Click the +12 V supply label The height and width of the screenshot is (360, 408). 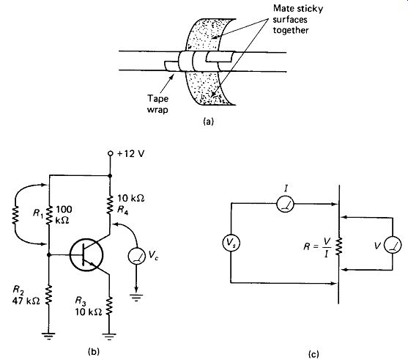[130, 154]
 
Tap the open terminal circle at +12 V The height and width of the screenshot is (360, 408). [111, 153]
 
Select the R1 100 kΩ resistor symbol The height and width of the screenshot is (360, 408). [49, 215]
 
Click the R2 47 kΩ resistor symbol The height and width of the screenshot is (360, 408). [48, 295]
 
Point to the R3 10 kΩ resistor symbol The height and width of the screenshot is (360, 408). [109, 306]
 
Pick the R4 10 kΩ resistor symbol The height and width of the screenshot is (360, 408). [110, 205]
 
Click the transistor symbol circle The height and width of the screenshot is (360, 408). [86, 254]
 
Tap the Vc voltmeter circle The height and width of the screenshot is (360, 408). [136, 256]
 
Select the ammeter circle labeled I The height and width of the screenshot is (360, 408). [285, 204]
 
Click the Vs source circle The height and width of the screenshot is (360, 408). [231, 243]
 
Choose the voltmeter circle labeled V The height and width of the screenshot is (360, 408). [393, 245]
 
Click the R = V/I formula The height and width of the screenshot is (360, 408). [317, 247]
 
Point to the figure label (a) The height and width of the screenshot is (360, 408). [208, 122]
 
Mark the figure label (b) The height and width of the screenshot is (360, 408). [94, 352]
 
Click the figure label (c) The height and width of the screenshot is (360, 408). [314, 354]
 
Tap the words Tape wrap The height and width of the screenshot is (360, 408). [157, 104]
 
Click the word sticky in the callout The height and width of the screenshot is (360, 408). [310, 9]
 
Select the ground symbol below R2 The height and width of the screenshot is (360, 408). [48, 336]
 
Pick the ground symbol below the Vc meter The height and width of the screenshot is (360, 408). [136, 297]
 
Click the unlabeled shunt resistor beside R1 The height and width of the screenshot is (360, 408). [15, 215]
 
